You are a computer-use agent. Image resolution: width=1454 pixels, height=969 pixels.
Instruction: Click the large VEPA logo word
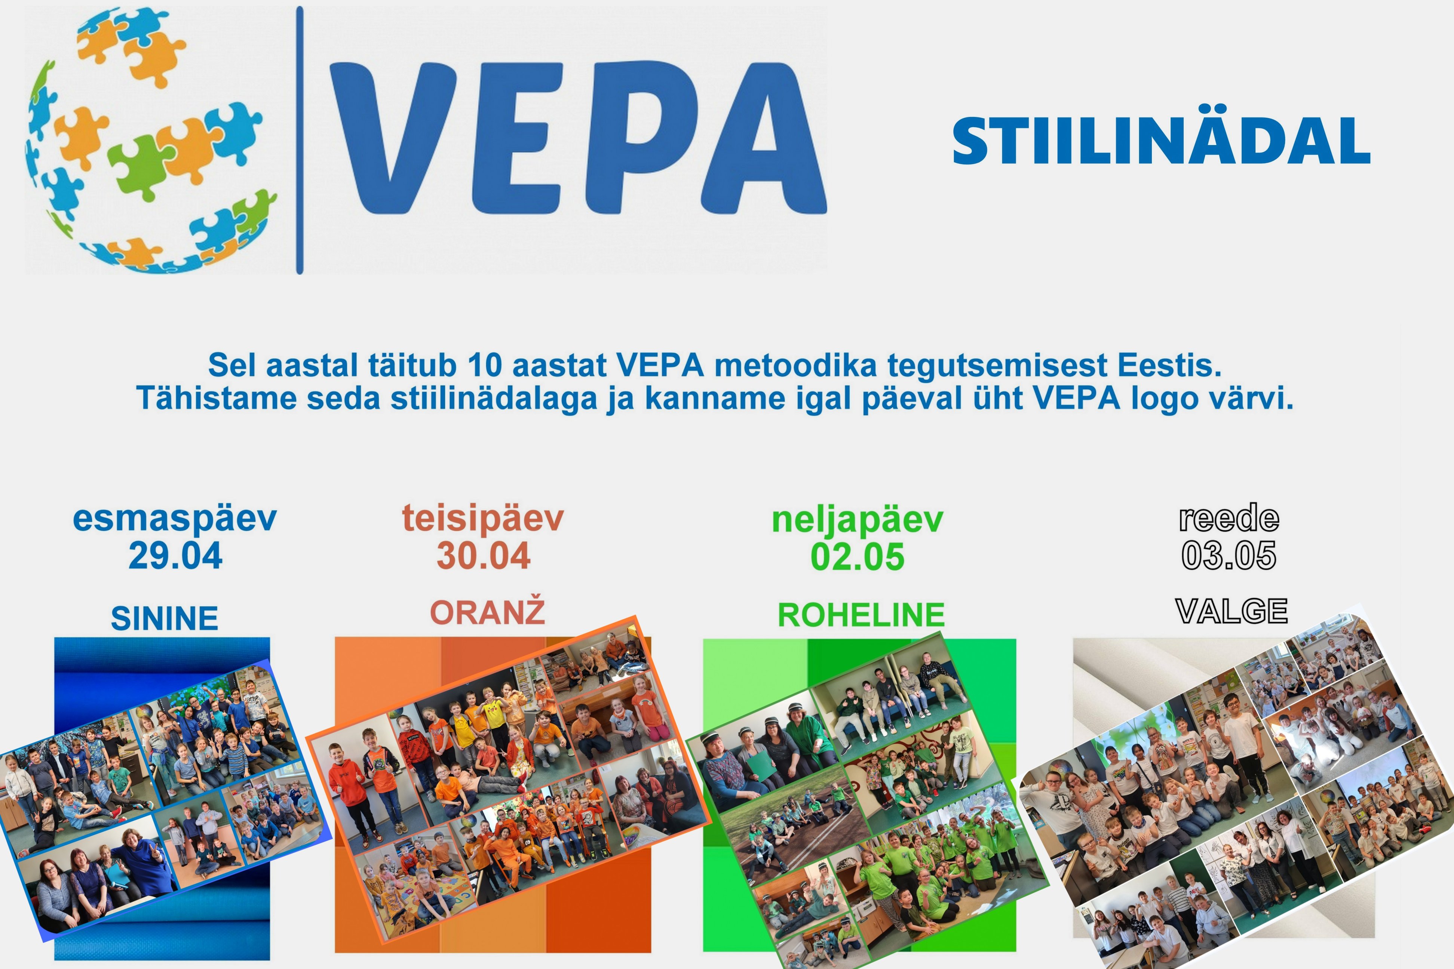coord(578,137)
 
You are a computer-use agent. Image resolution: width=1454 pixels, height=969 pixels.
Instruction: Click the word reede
coord(1229,518)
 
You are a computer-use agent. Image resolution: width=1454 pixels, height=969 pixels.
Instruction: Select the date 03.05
coord(1229,555)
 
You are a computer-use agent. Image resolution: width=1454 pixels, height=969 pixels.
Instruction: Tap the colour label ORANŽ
coord(488,611)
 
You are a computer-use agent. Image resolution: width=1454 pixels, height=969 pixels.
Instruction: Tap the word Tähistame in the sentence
coord(217,398)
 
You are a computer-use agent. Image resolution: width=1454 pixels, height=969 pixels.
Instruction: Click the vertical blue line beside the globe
coord(300,140)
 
